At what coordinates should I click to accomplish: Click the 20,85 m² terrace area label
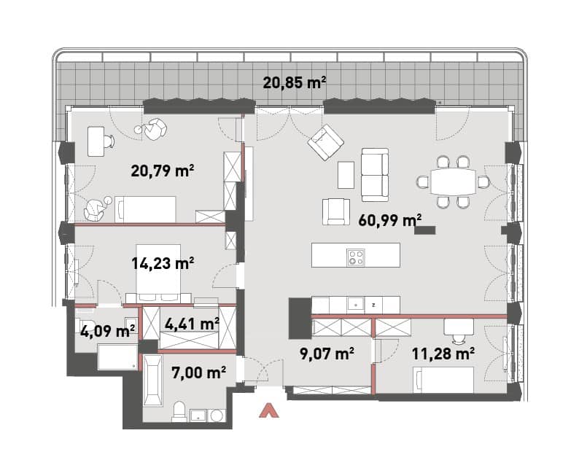pyautogui.click(x=295, y=82)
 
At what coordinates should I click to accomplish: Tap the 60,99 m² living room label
pyautogui.click(x=390, y=220)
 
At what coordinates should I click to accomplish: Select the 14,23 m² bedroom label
pyautogui.click(x=163, y=263)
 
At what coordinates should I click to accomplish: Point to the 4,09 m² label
pyautogui.click(x=107, y=331)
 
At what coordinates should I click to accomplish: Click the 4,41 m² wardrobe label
pyautogui.click(x=192, y=324)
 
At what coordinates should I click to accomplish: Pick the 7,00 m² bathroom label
pyautogui.click(x=198, y=372)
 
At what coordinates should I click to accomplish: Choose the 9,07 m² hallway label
pyautogui.click(x=327, y=354)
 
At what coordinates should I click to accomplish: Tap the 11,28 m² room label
pyautogui.click(x=443, y=354)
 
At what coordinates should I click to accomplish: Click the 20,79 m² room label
pyautogui.click(x=163, y=171)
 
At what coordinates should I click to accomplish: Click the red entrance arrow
pyautogui.click(x=269, y=410)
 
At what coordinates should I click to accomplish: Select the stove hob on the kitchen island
pyautogui.click(x=356, y=257)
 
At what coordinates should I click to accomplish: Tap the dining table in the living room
pyautogui.click(x=453, y=182)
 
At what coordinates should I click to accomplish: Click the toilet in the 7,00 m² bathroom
pyautogui.click(x=179, y=412)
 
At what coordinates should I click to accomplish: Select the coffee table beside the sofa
pyautogui.click(x=346, y=175)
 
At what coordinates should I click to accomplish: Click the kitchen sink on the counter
pyautogui.click(x=356, y=305)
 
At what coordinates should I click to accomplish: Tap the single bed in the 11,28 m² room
pyautogui.click(x=444, y=380)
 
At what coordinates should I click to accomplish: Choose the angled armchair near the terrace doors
pyautogui.click(x=326, y=142)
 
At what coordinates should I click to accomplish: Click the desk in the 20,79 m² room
pyautogui.click(x=96, y=141)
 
